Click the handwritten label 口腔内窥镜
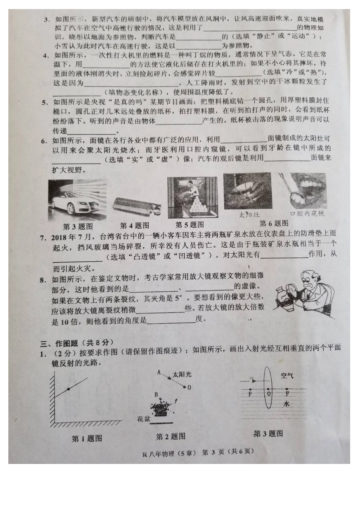[x=307, y=214]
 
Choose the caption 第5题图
[x=189, y=225]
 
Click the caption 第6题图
[x=274, y=223]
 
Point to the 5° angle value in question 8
[x=178, y=298]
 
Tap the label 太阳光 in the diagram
[x=182, y=374]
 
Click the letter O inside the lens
[x=269, y=393]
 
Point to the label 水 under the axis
[x=286, y=404]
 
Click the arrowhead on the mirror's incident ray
[x=69, y=389]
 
